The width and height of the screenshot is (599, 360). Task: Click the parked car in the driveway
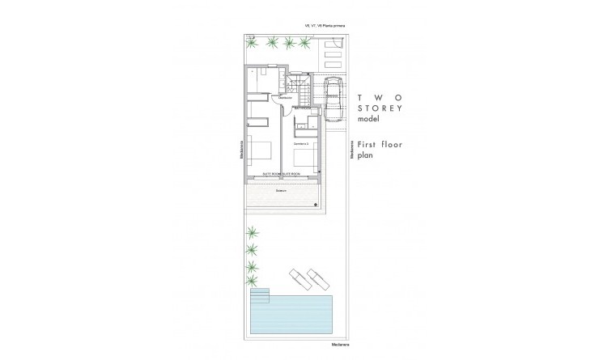(x=332, y=95)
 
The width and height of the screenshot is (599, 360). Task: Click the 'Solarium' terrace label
(x=281, y=191)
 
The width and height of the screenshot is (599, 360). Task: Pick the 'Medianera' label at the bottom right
(x=341, y=344)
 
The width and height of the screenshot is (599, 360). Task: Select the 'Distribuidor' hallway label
(x=284, y=99)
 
